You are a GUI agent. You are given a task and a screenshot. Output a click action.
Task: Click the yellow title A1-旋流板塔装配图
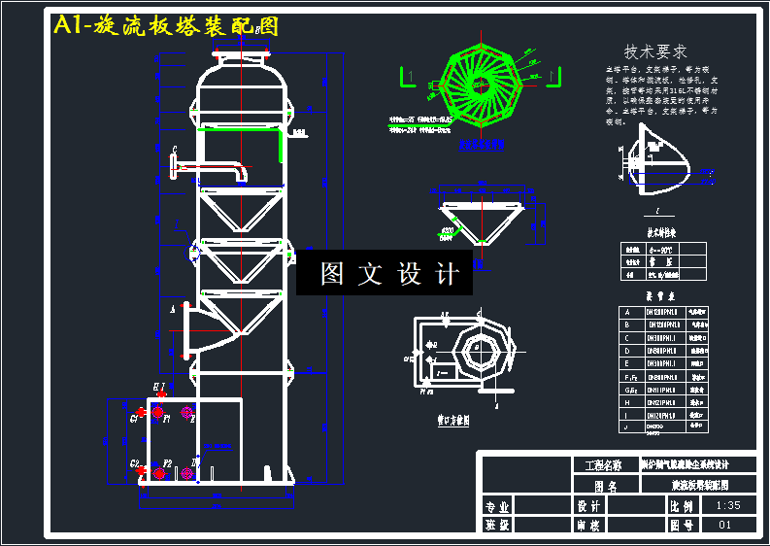tap(166, 26)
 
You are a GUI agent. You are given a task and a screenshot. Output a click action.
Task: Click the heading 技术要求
tap(655, 51)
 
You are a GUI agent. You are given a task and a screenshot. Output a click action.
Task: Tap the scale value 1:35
tap(727, 506)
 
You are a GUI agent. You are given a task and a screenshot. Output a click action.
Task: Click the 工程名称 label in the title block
tap(605, 465)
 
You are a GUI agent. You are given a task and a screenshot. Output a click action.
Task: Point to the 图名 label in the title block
tap(605, 486)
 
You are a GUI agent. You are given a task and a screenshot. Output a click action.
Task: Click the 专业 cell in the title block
tap(498, 506)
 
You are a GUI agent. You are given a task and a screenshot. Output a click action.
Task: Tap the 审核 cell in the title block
tap(588, 526)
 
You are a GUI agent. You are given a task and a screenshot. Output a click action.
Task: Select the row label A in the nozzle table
tap(626, 312)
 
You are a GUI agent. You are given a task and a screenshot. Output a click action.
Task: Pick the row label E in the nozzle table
tap(626, 362)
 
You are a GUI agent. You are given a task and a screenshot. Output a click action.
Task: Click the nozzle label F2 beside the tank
tap(168, 464)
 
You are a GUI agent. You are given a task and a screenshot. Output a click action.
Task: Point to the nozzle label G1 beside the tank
tap(135, 418)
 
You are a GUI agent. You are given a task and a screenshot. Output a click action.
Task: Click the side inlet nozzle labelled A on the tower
tap(199, 329)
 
